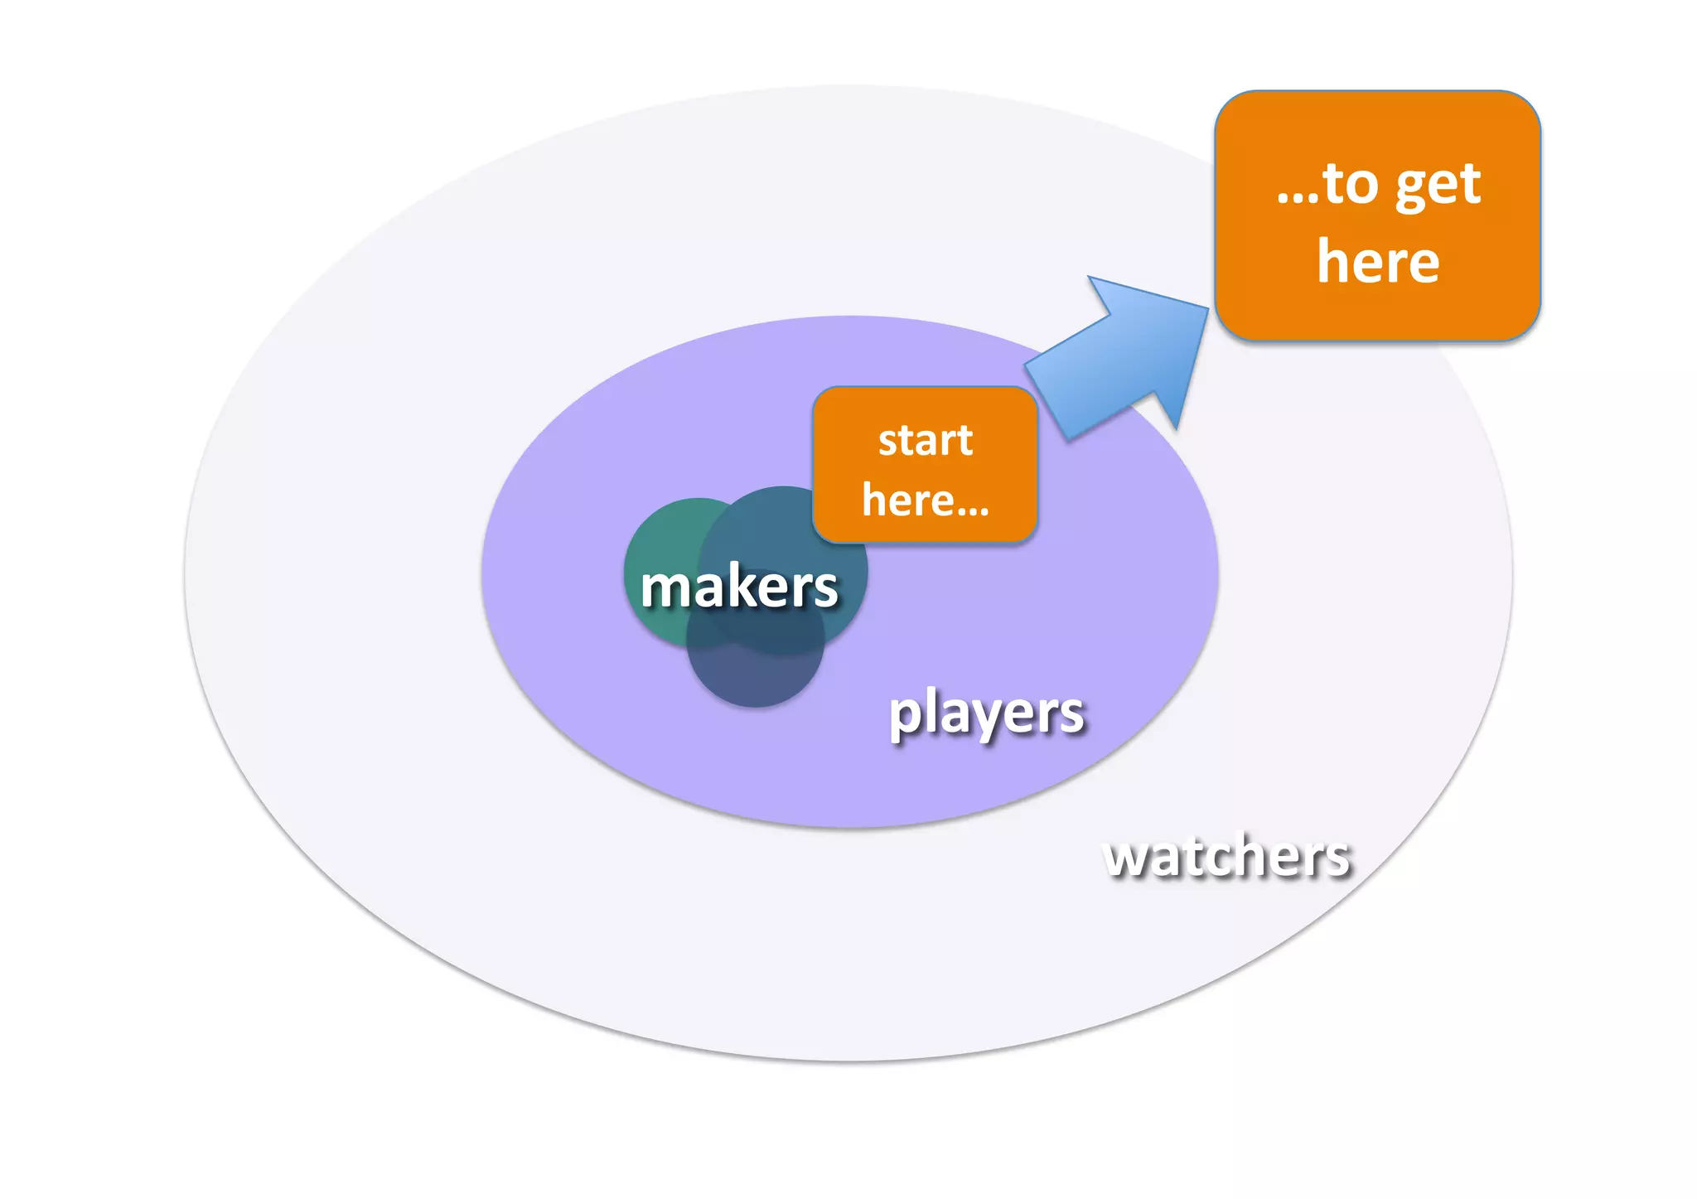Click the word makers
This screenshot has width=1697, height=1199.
(x=739, y=587)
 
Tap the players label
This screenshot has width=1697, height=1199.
(x=986, y=713)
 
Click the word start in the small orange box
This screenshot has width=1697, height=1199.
(x=925, y=440)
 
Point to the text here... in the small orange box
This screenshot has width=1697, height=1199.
(x=925, y=500)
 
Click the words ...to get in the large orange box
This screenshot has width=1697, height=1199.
(x=1378, y=184)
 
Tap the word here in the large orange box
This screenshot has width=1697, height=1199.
(x=1378, y=262)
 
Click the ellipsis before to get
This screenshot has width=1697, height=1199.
(x=1297, y=199)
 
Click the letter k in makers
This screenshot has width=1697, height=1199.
(x=745, y=585)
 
